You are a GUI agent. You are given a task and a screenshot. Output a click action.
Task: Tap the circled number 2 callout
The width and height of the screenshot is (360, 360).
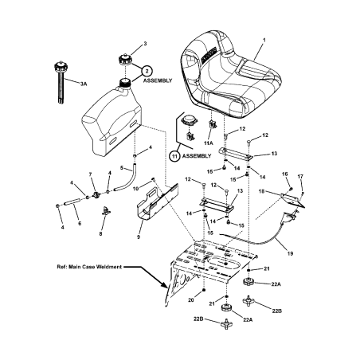coord(147,71)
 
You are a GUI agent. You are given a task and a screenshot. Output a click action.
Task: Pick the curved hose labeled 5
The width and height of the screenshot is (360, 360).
coord(128,176)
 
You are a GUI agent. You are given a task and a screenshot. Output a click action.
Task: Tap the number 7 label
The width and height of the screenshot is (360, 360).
coord(91,174)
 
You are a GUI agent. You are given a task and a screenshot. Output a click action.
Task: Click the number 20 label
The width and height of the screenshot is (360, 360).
coord(190,300)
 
